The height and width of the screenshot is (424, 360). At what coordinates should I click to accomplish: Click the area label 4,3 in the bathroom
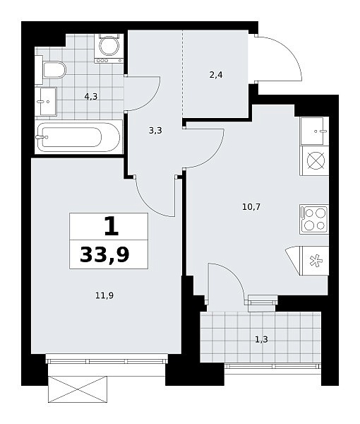pos(91,96)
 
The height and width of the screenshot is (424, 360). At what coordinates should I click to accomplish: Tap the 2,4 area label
pos(216,75)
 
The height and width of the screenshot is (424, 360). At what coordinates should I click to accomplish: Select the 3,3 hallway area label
pos(155,131)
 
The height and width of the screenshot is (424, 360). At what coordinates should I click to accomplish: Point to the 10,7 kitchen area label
pos(251,207)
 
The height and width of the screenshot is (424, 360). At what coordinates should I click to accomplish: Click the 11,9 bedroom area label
pos(104,296)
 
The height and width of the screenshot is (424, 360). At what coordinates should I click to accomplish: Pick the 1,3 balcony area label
pos(261,339)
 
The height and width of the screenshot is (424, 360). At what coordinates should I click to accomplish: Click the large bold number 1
pos(112,226)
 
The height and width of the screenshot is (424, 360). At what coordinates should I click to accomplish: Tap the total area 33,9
pos(104,254)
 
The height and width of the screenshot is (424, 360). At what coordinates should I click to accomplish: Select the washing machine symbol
pos(109,48)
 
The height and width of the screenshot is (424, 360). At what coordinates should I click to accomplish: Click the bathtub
pos(78,137)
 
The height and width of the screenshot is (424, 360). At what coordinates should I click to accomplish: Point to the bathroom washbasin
pos(46,102)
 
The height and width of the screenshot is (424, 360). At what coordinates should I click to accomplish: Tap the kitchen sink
pos(314,131)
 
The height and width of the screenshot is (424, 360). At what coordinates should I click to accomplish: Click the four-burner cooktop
pos(314,219)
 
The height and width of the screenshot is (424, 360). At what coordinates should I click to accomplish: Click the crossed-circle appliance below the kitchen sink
pos(314,160)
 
